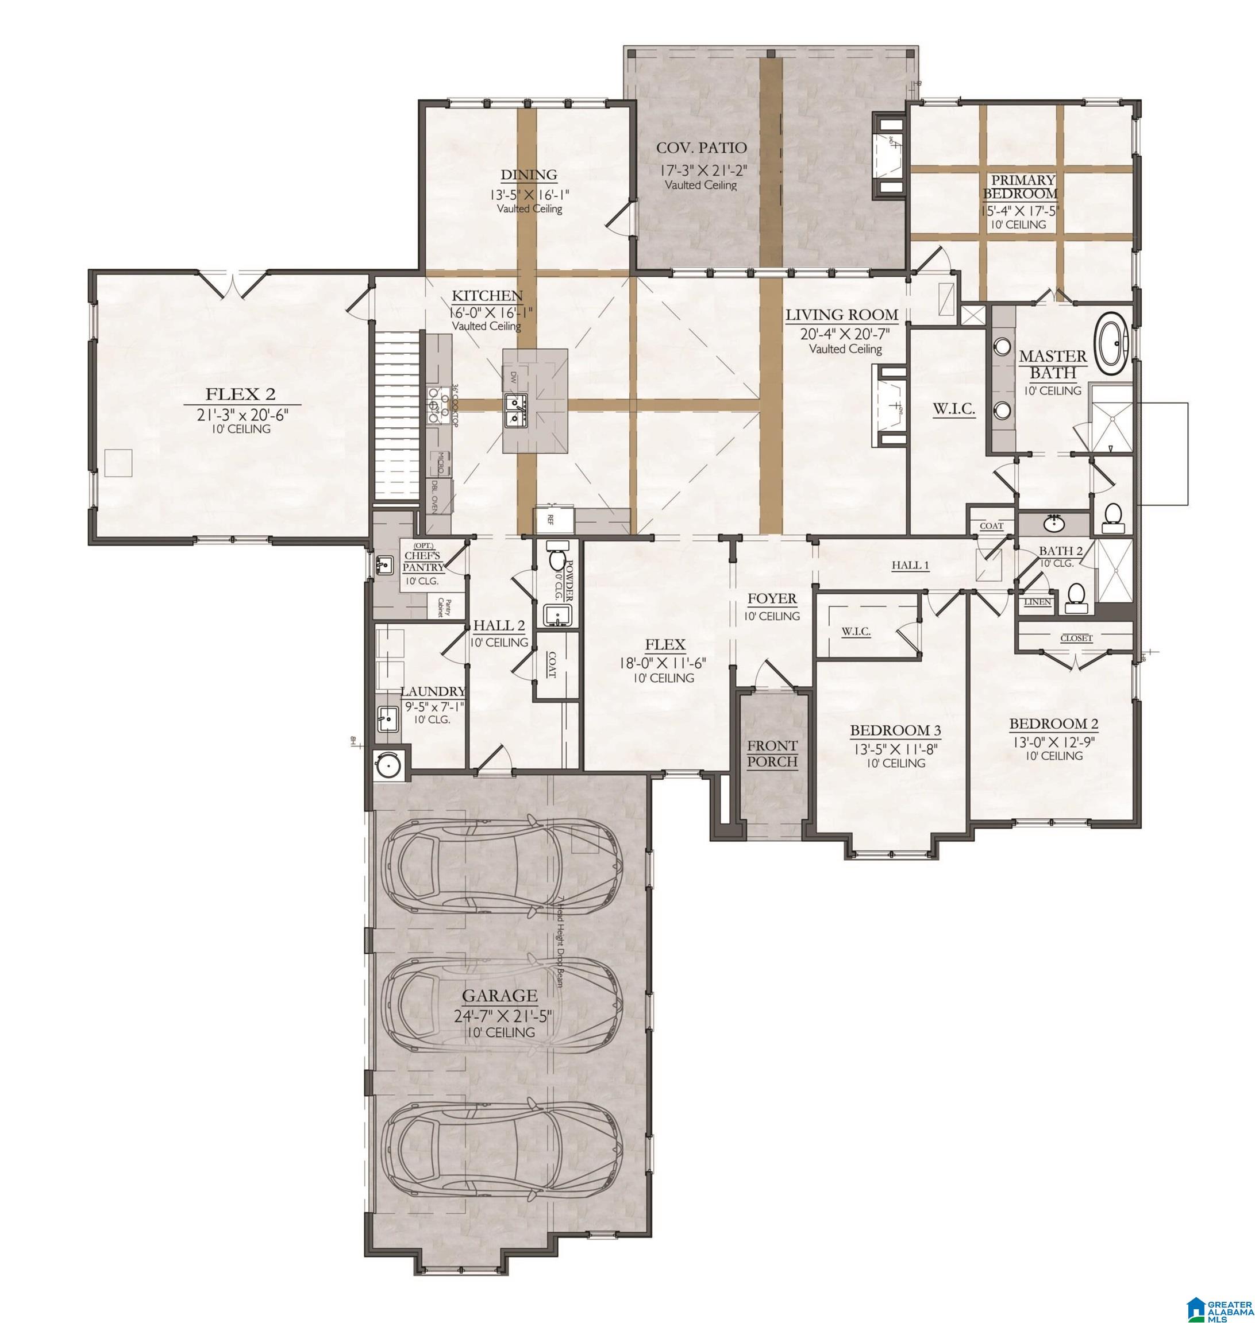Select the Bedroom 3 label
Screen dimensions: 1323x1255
point(895,730)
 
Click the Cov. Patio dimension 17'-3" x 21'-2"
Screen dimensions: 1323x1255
point(700,169)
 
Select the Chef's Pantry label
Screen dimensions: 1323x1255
point(423,561)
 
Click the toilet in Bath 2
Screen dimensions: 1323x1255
point(1076,595)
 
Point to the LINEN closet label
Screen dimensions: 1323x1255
point(1037,602)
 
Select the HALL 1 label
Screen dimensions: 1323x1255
point(910,566)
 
